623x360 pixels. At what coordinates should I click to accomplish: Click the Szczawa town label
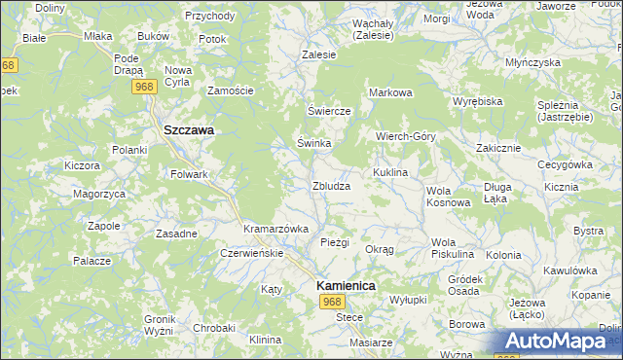pyautogui.click(x=189, y=128)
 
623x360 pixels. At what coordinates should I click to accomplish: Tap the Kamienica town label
pyautogui.click(x=346, y=286)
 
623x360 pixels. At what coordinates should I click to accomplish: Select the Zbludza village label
pyautogui.click(x=331, y=186)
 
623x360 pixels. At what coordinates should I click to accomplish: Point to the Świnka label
pyautogui.click(x=314, y=143)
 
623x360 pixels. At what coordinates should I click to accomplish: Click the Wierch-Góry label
pyautogui.click(x=406, y=137)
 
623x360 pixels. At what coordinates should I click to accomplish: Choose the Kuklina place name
pyautogui.click(x=387, y=171)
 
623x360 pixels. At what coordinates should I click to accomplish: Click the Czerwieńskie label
pyautogui.click(x=251, y=253)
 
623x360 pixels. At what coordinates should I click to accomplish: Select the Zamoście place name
pyautogui.click(x=231, y=90)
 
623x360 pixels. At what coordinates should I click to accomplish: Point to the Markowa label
pyautogui.click(x=390, y=92)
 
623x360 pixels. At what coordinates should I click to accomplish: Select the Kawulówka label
pyautogui.click(x=569, y=270)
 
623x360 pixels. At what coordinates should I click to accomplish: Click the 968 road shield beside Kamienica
pyautogui.click(x=332, y=303)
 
